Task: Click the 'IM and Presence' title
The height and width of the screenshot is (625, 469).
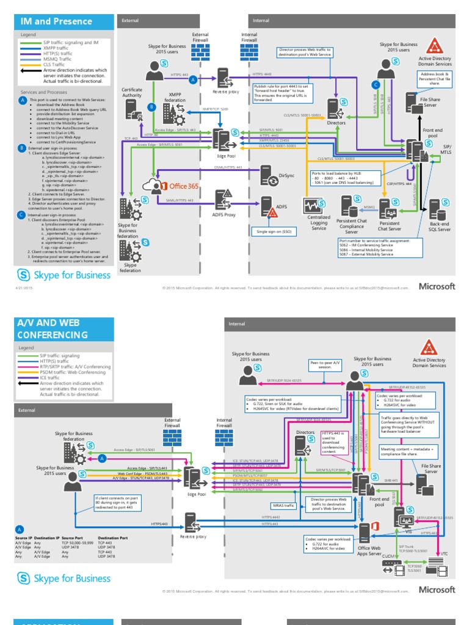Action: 56,21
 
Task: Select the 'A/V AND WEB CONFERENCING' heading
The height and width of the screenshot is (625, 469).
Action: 53,330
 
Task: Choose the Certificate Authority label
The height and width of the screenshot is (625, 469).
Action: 132,92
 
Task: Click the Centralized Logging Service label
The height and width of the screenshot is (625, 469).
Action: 319,223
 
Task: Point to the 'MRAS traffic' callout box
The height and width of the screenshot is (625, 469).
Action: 283,505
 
